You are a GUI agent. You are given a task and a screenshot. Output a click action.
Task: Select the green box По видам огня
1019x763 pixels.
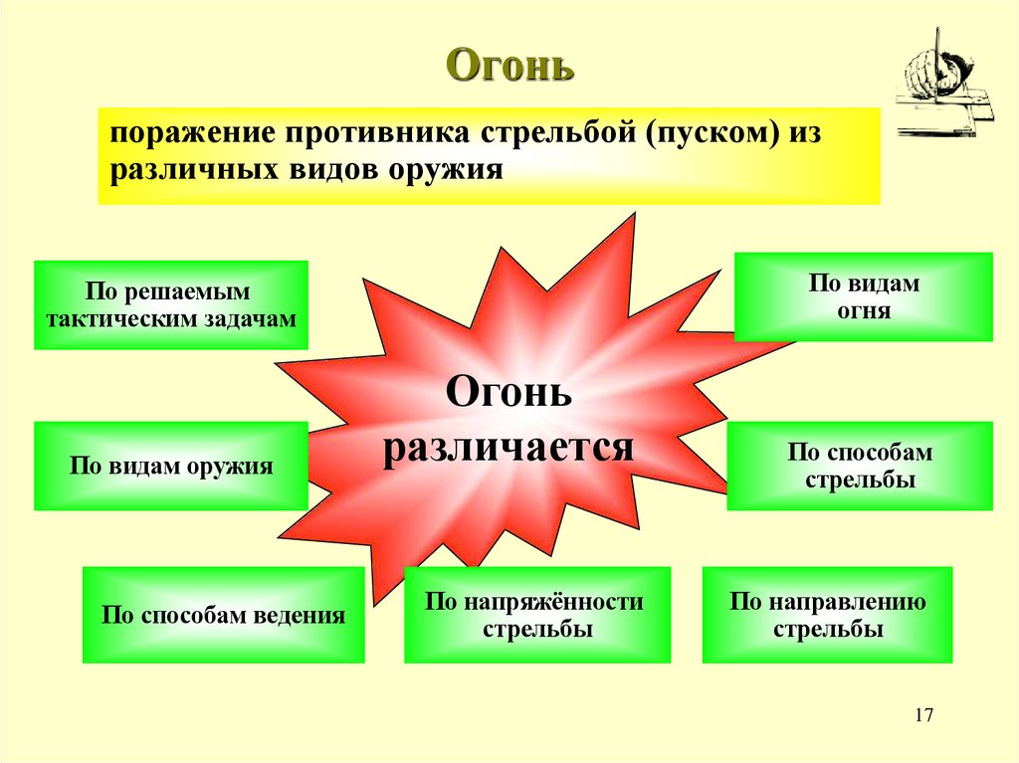pos(863,296)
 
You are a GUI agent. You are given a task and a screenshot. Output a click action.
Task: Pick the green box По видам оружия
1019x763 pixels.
pos(171,466)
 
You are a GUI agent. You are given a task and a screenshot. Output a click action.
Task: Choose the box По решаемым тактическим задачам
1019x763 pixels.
pos(171,304)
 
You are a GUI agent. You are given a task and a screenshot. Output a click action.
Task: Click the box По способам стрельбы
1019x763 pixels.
pos(861,466)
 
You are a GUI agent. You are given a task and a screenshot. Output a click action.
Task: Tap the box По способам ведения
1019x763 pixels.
pos(223,615)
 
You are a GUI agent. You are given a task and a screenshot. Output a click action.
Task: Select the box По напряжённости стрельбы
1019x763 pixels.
pos(536,615)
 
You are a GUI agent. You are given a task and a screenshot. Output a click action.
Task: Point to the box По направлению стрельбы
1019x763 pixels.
pos(827,615)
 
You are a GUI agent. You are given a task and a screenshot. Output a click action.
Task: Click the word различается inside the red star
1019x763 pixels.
pos(509,447)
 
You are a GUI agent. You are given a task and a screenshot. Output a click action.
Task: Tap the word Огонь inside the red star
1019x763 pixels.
pos(509,392)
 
